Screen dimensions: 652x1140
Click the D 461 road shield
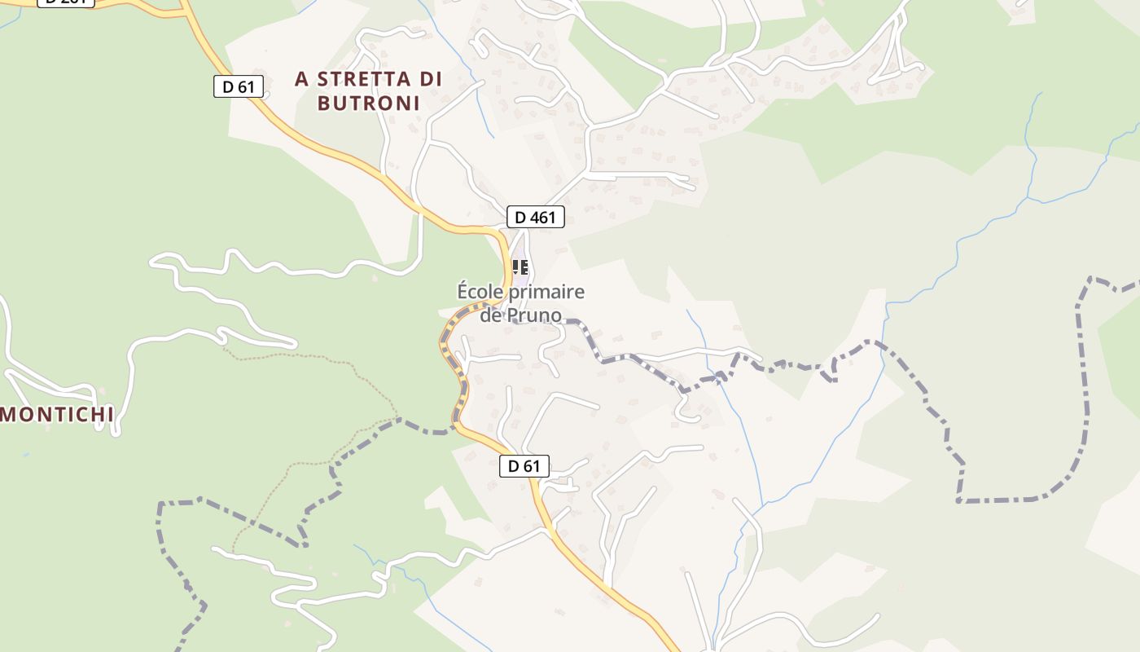[535, 217]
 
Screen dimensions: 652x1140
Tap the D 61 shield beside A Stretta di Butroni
[238, 86]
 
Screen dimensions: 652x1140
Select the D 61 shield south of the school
[524, 466]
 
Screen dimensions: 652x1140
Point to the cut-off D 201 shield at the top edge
[66, 2]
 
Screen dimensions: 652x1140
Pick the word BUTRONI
[368, 104]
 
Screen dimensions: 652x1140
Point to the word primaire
[546, 292]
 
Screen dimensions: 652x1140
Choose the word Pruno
[534, 315]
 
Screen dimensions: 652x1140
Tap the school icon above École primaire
[520, 267]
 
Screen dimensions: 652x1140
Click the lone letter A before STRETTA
[302, 79]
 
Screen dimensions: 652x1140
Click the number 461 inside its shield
[542, 217]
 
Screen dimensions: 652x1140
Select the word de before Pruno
[491, 315]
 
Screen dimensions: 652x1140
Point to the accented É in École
[464, 291]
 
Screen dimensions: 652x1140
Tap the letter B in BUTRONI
[323, 104]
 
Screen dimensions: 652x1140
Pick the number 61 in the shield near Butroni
[246, 86]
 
